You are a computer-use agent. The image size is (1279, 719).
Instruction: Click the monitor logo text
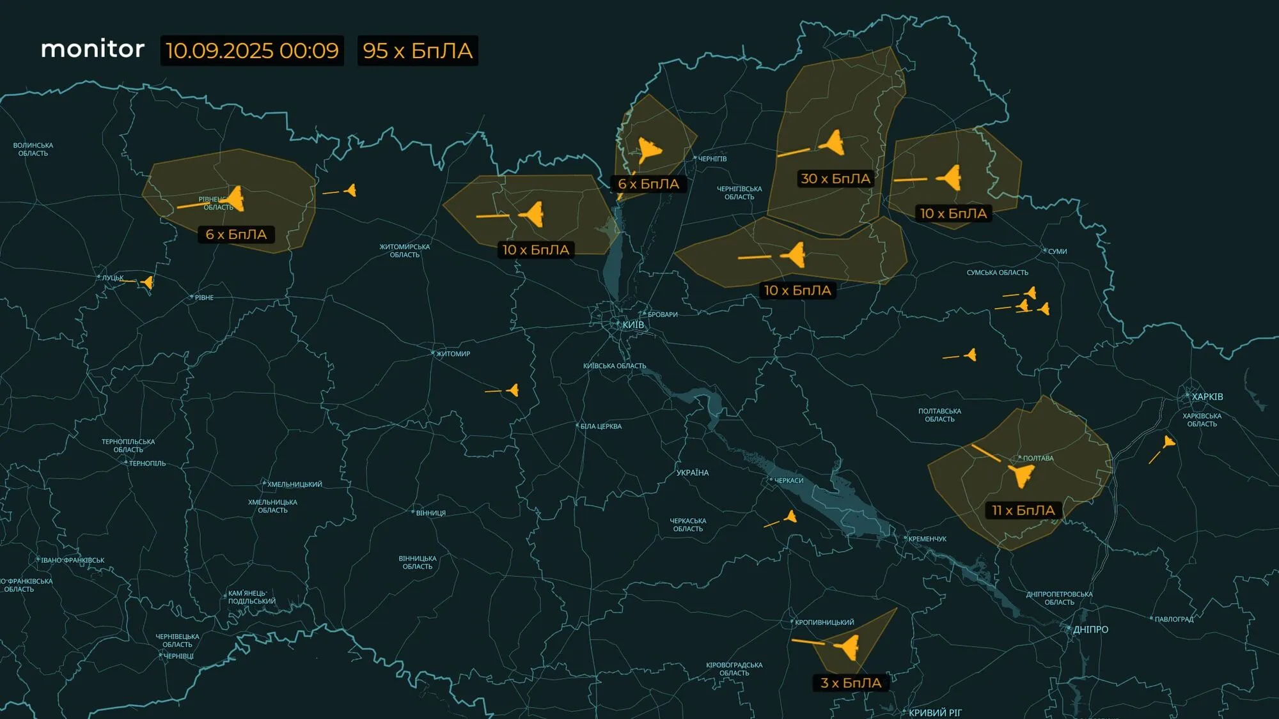click(x=93, y=49)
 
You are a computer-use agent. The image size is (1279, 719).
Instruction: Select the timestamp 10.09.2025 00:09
click(x=252, y=50)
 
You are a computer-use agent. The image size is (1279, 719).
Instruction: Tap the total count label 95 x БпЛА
click(x=418, y=50)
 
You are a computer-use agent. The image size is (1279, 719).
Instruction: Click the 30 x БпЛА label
click(x=836, y=179)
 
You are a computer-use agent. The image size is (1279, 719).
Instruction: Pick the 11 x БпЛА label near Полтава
click(x=1023, y=511)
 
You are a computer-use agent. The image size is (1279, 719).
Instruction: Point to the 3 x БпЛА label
click(x=851, y=683)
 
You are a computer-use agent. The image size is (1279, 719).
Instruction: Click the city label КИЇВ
click(x=633, y=325)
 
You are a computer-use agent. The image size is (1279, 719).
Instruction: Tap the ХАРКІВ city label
click(x=1207, y=397)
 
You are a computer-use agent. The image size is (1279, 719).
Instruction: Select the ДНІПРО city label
click(x=1090, y=630)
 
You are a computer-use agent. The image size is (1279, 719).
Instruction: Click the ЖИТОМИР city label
click(x=453, y=354)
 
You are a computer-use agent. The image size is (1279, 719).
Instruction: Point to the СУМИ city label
click(x=1057, y=252)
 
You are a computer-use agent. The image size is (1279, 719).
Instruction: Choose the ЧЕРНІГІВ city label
click(x=712, y=159)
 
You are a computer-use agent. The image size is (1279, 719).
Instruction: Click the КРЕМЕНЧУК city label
click(x=927, y=539)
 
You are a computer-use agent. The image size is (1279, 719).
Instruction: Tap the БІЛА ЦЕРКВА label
click(x=600, y=427)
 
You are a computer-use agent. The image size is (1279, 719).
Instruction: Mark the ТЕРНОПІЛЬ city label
click(x=147, y=464)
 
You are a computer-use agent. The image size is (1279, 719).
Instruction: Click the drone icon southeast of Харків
click(x=1168, y=442)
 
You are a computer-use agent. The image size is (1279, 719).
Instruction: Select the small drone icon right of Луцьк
click(x=148, y=282)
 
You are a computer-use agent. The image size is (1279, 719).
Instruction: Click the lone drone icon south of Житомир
click(x=513, y=390)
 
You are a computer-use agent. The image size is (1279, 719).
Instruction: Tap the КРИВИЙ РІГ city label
click(x=935, y=713)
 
